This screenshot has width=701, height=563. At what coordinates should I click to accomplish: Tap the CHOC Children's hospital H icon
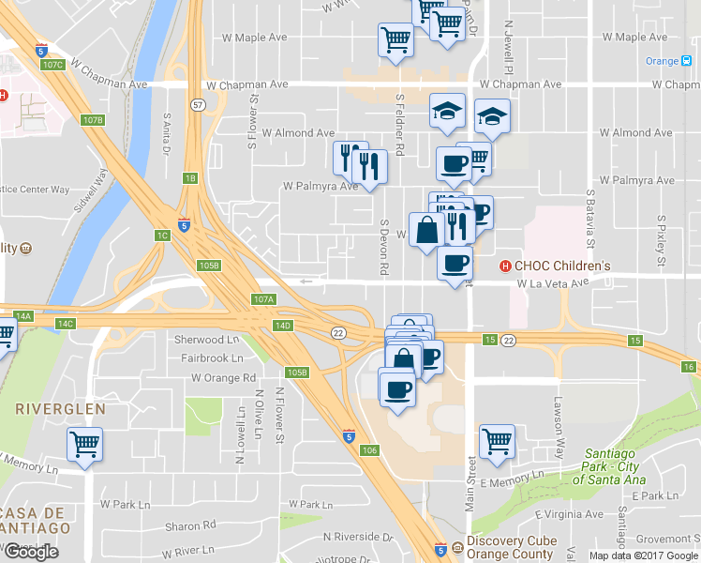coord(506,266)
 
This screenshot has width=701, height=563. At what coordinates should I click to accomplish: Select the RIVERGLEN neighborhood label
coord(59,410)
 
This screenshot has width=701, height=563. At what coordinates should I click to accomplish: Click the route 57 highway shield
coord(198,104)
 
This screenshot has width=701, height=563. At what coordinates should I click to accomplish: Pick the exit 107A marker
coord(263,299)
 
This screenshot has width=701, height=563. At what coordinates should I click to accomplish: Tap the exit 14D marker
coord(283,325)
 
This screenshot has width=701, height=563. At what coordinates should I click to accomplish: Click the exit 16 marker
coord(690,367)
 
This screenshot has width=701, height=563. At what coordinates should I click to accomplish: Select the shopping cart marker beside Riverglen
coord(85,444)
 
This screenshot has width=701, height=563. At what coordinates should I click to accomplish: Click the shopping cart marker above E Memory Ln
coord(497,441)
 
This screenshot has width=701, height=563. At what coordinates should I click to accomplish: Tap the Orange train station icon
coord(687,61)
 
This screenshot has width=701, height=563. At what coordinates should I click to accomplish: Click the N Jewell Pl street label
coord(511,50)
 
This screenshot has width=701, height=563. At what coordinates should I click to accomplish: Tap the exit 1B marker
coord(190,178)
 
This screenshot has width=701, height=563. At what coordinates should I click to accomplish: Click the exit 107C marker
coord(53,65)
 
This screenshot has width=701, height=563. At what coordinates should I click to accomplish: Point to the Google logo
coord(31,552)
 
